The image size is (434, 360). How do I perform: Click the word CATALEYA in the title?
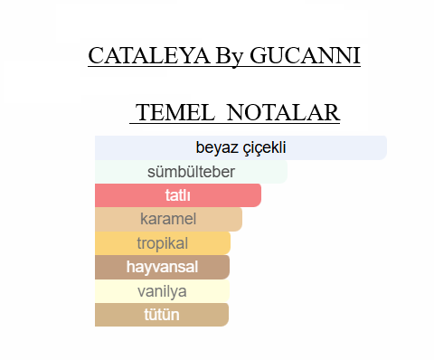pyautogui.click(x=149, y=55)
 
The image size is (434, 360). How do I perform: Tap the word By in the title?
pyautogui.click(x=230, y=57)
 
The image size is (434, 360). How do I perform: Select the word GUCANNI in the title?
pyautogui.click(x=305, y=55)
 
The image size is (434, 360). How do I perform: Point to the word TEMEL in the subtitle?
pyautogui.click(x=175, y=112)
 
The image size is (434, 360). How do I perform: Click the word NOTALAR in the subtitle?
pyautogui.click(x=283, y=112)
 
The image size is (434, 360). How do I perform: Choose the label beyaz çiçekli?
pyautogui.click(x=241, y=147)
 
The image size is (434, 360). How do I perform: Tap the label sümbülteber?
pyautogui.click(x=191, y=172)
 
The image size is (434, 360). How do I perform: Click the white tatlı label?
pyautogui.click(x=178, y=195)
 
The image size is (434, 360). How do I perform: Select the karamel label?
pyautogui.click(x=168, y=219)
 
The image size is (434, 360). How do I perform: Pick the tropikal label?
pyautogui.click(x=163, y=243)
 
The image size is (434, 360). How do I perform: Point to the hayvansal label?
pyautogui.click(x=162, y=267)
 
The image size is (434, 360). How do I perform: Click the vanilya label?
pyautogui.click(x=162, y=291)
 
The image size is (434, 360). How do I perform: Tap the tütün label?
pyautogui.click(x=162, y=315)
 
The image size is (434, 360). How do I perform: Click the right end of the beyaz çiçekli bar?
pyautogui.click(x=386, y=147)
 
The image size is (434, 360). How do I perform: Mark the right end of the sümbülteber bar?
pyautogui.click(x=287, y=172)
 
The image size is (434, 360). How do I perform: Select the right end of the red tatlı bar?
pyautogui.click(x=260, y=195)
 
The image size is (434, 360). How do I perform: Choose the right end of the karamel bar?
pyautogui.click(x=241, y=219)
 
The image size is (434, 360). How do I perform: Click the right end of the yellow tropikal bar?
pyautogui.click(x=230, y=243)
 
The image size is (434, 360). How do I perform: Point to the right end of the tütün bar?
pyautogui.click(x=228, y=315)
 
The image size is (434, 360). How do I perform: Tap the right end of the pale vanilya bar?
pyautogui.click(x=229, y=291)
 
